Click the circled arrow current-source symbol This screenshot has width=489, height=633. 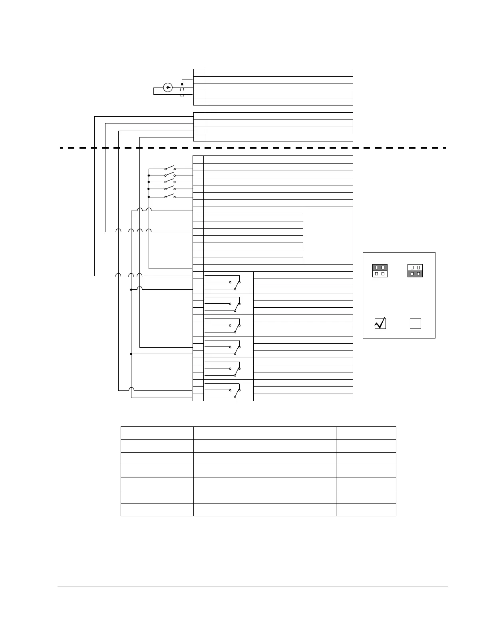coord(168,87)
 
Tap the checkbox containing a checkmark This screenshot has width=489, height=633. coord(380,323)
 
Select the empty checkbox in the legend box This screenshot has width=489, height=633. coord(415,323)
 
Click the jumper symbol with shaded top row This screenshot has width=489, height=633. coord(380,271)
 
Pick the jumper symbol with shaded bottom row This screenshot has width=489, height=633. coord(415,271)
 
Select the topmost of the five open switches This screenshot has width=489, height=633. coord(170,168)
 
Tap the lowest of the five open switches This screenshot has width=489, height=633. coord(170,196)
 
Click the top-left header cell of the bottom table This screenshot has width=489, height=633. coord(157,433)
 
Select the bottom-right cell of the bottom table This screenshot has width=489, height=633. coord(366,510)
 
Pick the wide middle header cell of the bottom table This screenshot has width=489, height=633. coord(264,433)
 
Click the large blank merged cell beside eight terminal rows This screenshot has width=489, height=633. coord(328,235)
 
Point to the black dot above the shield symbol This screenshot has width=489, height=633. coord(182,84)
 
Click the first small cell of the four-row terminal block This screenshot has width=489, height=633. coord(200,116)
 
